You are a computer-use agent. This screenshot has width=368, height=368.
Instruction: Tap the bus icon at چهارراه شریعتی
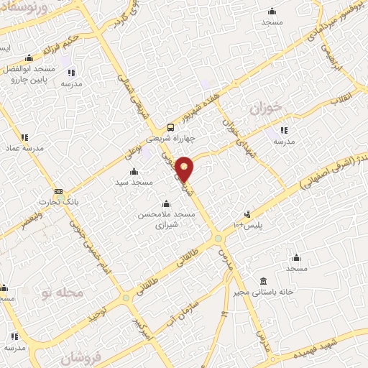click(170, 123)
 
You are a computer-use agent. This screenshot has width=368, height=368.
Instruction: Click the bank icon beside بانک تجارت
click(59, 191)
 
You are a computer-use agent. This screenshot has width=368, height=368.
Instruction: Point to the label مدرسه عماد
click(22, 148)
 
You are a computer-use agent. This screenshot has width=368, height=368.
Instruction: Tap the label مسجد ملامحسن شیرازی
click(162, 219)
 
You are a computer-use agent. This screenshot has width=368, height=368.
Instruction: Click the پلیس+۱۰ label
click(249, 225)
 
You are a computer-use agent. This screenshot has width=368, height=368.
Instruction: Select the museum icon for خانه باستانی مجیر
click(263, 280)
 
